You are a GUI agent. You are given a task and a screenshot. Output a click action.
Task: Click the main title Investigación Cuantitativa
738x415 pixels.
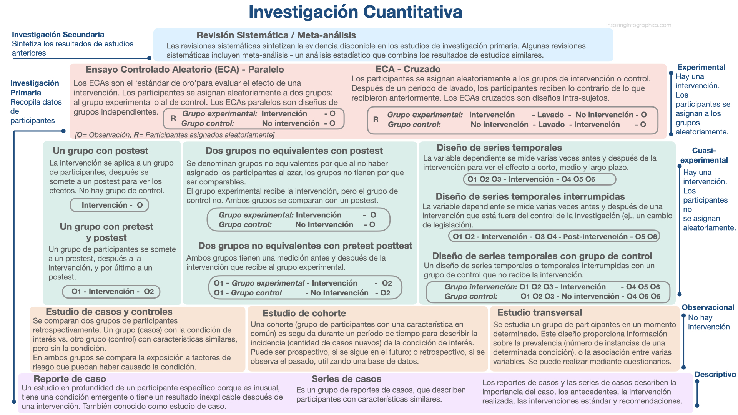(x=355, y=12)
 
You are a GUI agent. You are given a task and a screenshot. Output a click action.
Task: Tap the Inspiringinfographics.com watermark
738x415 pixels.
(x=638, y=25)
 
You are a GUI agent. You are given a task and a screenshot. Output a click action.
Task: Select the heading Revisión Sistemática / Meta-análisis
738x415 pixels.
(x=276, y=35)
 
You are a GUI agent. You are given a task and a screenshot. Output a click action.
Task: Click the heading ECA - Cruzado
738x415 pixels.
(x=408, y=69)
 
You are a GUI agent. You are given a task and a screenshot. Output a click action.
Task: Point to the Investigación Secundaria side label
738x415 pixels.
(x=58, y=35)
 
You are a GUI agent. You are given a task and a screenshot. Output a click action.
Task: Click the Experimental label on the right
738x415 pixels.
(x=701, y=67)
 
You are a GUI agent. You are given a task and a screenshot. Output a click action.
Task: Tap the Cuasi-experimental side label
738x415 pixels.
(x=704, y=155)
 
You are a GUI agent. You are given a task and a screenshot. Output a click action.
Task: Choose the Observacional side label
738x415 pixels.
(x=708, y=307)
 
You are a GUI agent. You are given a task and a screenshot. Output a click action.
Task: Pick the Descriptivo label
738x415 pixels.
(x=715, y=374)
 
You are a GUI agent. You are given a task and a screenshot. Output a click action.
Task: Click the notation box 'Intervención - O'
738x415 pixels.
(x=110, y=205)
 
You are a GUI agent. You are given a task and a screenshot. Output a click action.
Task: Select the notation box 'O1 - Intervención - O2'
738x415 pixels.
(x=111, y=292)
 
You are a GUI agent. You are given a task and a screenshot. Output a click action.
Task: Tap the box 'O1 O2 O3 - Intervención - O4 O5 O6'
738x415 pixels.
(x=539, y=179)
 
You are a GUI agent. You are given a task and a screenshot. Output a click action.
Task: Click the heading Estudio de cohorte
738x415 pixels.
(x=304, y=313)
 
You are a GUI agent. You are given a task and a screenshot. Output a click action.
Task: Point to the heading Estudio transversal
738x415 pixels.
(x=539, y=313)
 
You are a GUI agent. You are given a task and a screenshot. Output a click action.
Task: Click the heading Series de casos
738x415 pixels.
(x=346, y=379)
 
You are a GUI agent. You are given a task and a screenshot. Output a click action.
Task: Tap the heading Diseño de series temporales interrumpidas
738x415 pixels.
(x=530, y=197)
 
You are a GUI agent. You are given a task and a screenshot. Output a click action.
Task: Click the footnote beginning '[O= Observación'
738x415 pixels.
(x=175, y=135)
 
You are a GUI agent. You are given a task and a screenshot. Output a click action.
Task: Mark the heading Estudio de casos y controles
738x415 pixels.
(x=109, y=312)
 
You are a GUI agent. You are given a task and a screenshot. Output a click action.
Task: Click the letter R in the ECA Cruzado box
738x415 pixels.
(x=376, y=120)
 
